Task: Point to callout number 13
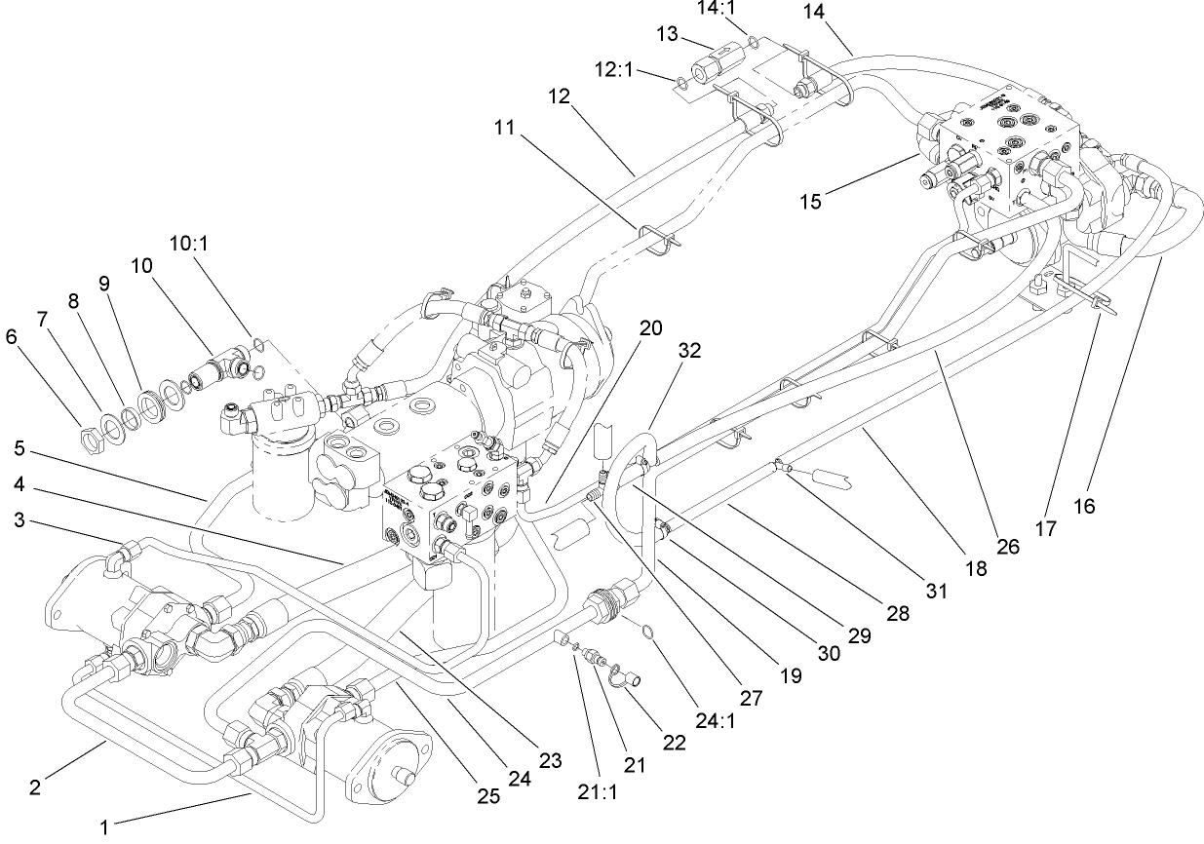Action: [667, 34]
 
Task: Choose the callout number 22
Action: [672, 742]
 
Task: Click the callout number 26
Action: [1007, 547]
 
